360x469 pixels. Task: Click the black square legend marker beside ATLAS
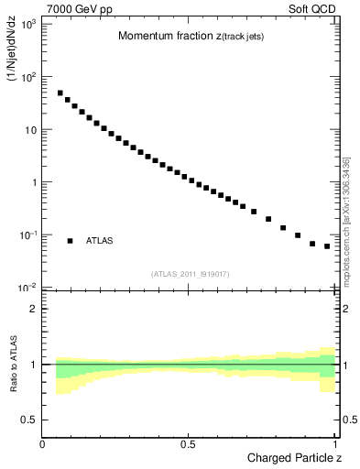(70, 241)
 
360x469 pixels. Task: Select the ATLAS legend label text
(100, 241)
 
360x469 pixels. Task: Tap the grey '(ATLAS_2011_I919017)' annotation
(190, 273)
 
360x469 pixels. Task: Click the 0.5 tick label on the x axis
(187, 443)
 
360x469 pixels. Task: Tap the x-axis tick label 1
(336, 443)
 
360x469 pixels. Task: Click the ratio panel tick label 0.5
(27, 420)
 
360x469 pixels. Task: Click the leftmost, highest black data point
(60, 93)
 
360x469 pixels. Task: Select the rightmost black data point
(327, 246)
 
